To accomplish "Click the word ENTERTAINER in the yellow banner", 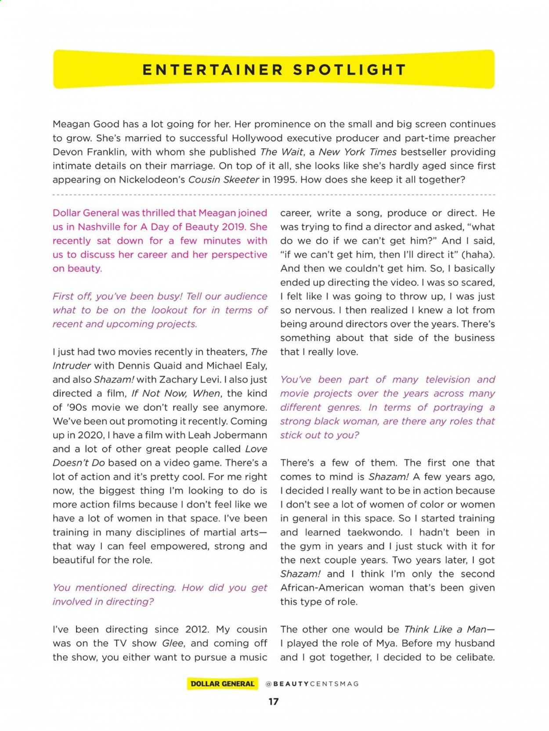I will [x=213, y=70].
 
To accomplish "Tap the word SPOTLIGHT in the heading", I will [x=349, y=70].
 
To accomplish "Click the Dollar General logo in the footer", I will [x=222, y=684].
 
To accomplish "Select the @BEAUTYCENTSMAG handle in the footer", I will [x=312, y=684].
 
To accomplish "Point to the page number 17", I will [x=273, y=702].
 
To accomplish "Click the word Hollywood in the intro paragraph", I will [x=257, y=138].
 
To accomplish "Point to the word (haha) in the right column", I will [x=478, y=254].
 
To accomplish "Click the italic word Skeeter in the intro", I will [x=241, y=180].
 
